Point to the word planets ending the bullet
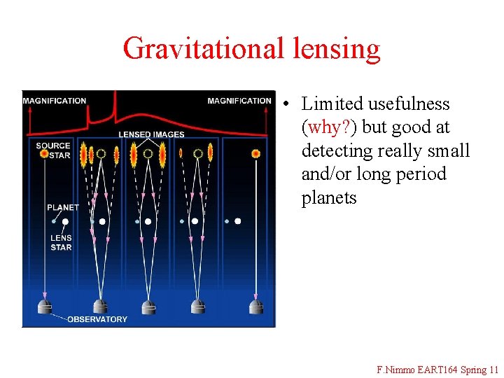pos(329,198)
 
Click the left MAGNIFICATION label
pos(55,101)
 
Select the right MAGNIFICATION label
pos(239,101)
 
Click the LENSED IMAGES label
pos(151,134)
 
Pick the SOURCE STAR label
pos(53,150)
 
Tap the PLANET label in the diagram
pos(63,207)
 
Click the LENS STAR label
pos(62,242)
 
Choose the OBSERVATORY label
pos(97,319)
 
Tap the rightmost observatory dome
pos(256,306)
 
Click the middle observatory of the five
pos(148,306)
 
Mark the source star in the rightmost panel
pos(256,153)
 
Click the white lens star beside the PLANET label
pos(65,221)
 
